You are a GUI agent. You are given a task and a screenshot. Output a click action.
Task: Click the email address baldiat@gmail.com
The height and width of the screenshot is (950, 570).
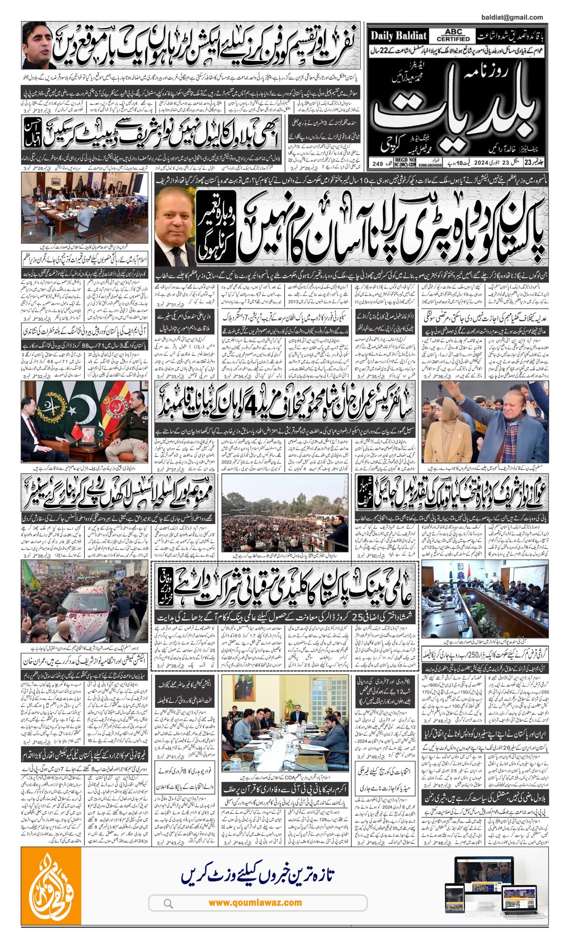coord(512,17)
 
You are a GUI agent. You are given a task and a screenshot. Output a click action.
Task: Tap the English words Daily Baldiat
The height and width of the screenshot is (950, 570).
coord(398,36)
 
